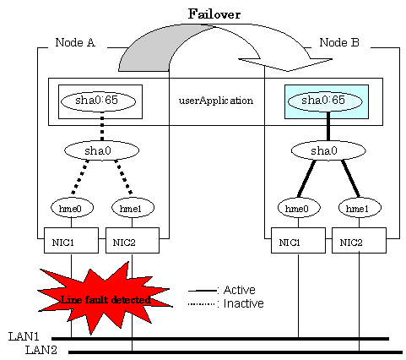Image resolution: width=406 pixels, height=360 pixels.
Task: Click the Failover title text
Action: coord(214,14)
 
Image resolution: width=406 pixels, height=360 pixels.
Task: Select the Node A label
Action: coord(75,42)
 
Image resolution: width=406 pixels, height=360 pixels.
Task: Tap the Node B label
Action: coord(339,42)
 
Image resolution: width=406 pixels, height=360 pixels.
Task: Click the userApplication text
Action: coord(216,101)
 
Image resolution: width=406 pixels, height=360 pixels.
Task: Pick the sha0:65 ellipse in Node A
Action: coord(98,101)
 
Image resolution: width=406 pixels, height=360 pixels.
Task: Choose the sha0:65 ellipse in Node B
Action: coord(325,101)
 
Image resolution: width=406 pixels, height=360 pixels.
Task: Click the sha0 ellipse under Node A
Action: coord(101,150)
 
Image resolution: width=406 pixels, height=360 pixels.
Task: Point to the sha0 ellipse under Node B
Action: coord(328,150)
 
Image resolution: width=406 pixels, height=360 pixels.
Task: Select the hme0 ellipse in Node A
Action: coord(72,208)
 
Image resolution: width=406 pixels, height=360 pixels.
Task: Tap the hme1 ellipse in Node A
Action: coord(133,208)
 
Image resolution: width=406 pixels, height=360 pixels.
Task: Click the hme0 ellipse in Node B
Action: coord(299,208)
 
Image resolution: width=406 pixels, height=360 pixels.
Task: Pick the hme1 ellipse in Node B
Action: coord(360,208)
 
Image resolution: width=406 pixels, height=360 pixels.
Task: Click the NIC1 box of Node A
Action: coord(71,240)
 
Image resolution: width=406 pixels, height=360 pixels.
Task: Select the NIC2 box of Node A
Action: coord(133,240)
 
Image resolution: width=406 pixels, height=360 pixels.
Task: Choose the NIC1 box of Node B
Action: coord(298,240)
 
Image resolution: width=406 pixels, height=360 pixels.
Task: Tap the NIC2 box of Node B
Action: coord(359,240)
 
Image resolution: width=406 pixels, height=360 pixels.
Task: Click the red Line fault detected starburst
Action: coord(106,299)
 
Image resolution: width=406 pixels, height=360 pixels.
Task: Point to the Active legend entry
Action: coord(222,290)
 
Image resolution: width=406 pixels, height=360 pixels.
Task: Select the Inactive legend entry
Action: coord(226,303)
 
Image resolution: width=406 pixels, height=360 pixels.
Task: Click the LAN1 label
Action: coord(24,336)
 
